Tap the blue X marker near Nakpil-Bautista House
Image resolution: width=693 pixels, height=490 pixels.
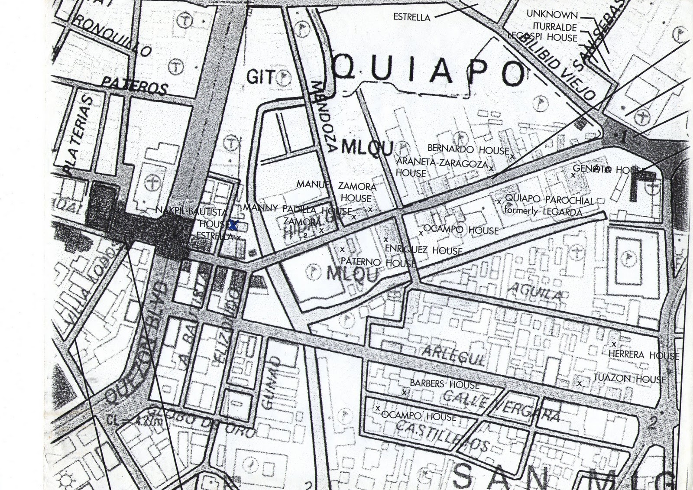coord(233,225)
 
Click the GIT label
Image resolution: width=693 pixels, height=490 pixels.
coord(260,77)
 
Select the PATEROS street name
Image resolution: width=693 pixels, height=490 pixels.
coord(134,85)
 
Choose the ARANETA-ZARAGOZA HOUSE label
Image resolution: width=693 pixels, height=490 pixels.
coord(441,167)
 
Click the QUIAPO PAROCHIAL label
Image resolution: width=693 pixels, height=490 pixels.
coord(549,200)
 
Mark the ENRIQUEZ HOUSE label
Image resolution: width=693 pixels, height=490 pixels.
coord(424,250)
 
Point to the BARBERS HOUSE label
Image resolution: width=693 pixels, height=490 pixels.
coord(444,384)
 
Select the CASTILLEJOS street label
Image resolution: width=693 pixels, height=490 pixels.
coord(442,435)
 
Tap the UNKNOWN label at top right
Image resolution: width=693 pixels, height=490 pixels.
coord(552,14)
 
